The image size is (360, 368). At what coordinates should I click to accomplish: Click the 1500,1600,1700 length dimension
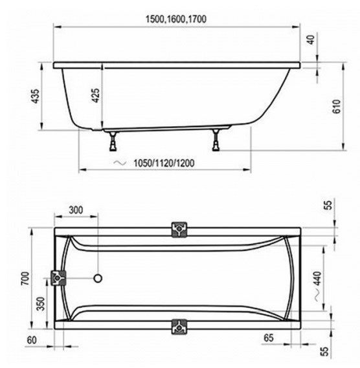tap(176, 19)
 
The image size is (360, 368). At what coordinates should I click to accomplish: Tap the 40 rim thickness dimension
tap(311, 39)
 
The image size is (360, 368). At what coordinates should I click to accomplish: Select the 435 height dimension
tap(36, 96)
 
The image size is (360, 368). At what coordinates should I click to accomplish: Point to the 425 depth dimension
tap(95, 95)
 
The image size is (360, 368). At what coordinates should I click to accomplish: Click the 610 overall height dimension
tap(337, 106)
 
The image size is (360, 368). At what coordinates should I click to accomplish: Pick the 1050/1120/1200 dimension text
tap(164, 163)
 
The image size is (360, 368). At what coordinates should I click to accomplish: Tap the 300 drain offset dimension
tap(76, 210)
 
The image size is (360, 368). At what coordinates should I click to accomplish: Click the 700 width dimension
tap(25, 278)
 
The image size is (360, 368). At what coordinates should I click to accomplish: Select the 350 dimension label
tap(41, 303)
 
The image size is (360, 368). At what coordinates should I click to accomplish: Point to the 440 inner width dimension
tap(317, 278)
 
